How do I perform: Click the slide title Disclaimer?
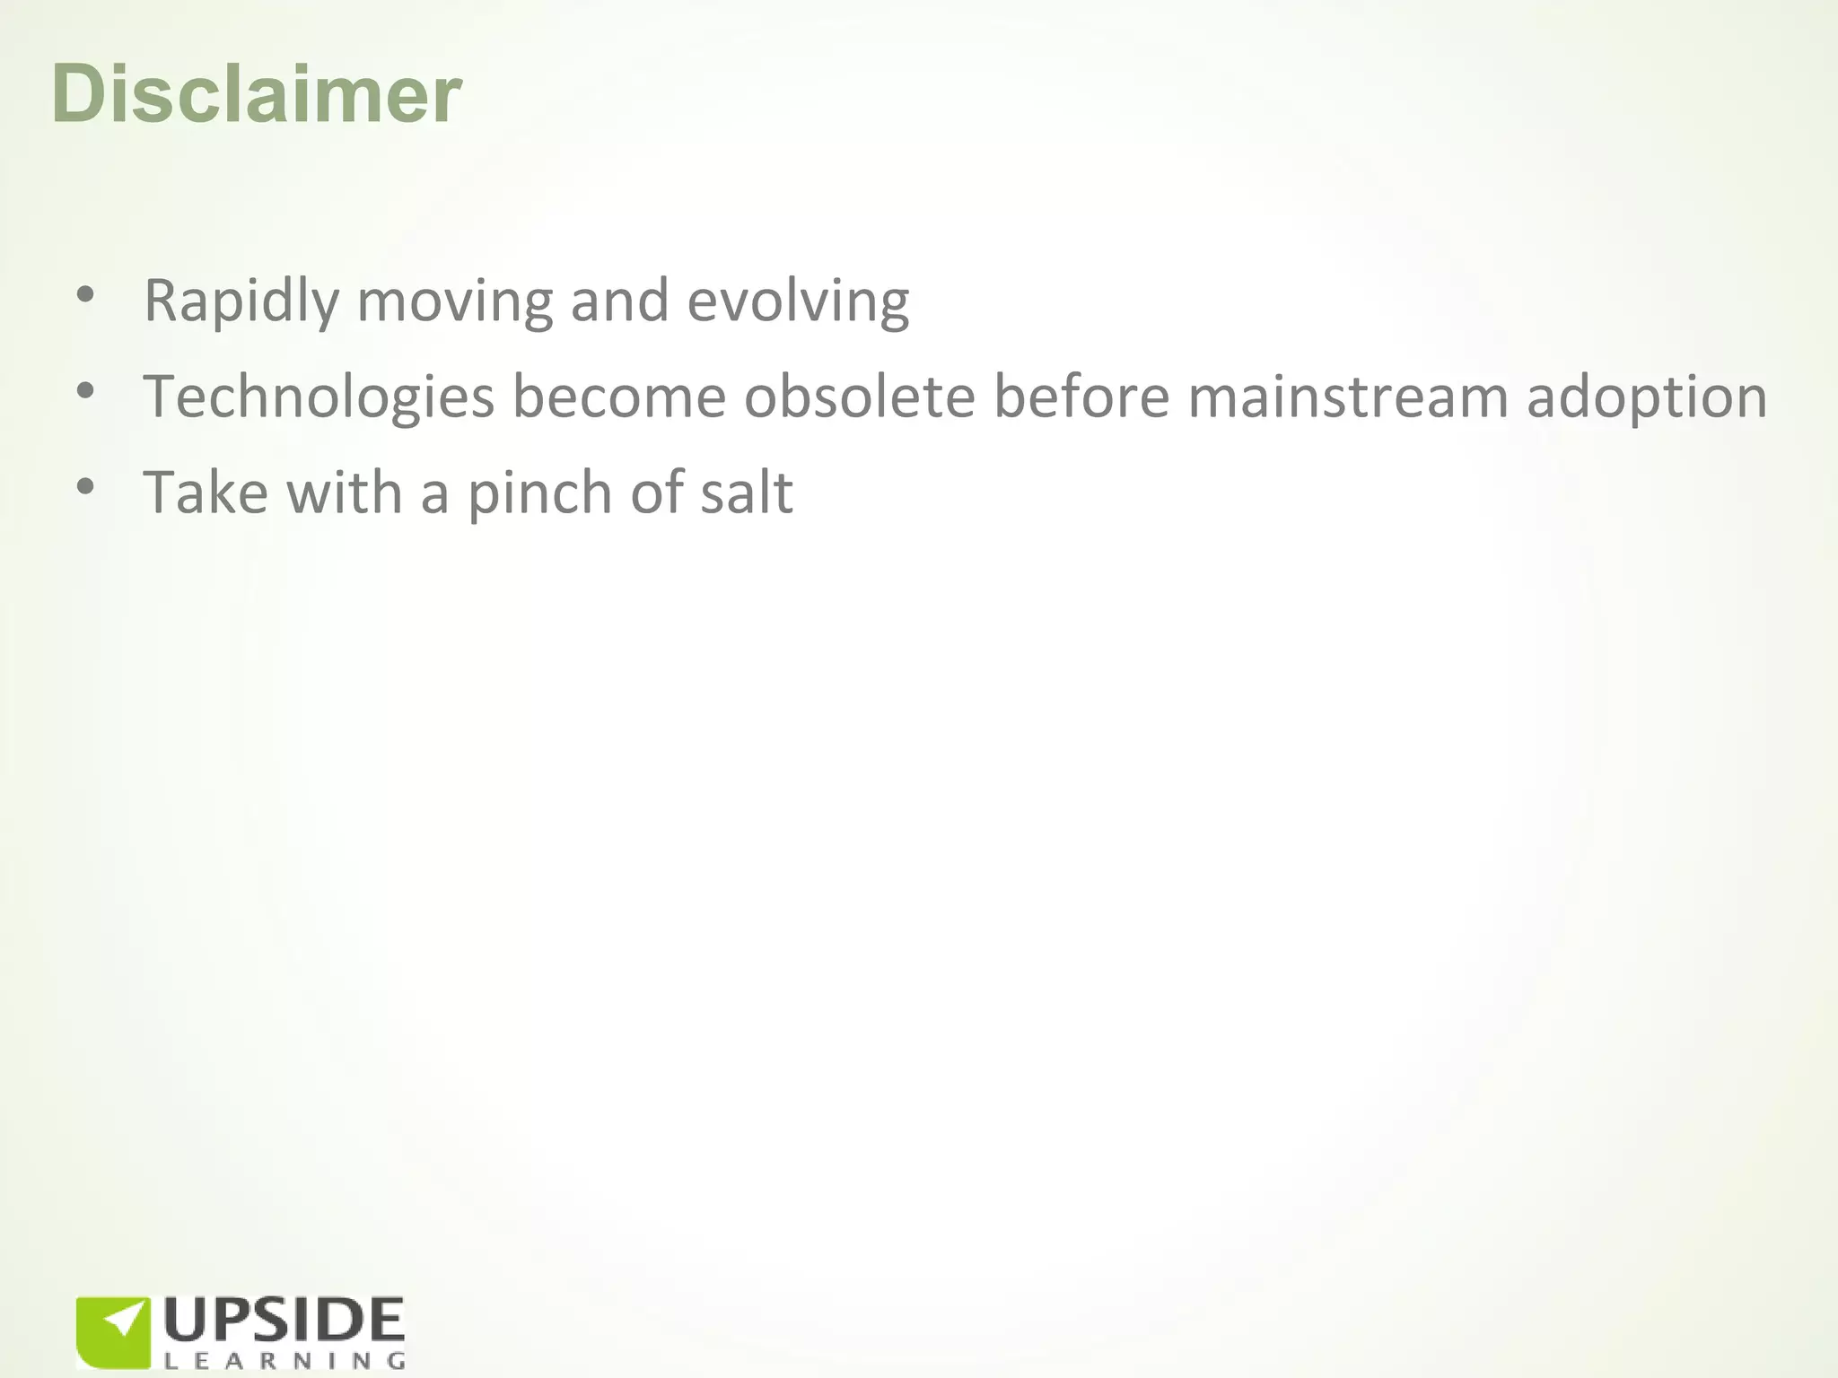pos(257,94)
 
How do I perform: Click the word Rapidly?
pos(241,301)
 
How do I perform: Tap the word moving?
pos(454,301)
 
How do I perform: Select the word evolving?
pos(798,301)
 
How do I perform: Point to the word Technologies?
pos(319,397)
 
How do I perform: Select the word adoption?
pos(1647,397)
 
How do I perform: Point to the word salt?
pos(747,493)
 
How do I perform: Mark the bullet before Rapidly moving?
pos(85,294)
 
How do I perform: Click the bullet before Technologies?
pos(85,390)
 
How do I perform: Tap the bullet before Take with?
pos(85,486)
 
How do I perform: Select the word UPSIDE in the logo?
pos(284,1321)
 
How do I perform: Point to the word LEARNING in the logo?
pos(284,1361)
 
